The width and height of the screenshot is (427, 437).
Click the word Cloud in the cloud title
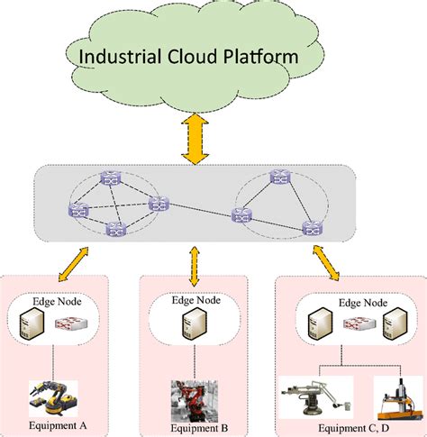pyautogui.click(x=192, y=56)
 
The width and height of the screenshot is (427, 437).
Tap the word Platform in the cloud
pyautogui.click(x=261, y=56)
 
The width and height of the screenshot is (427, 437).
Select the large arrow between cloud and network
pyautogui.click(x=195, y=139)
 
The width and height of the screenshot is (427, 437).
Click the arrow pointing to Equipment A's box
pyautogui.click(x=73, y=264)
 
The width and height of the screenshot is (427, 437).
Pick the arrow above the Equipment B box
pyautogui.click(x=195, y=266)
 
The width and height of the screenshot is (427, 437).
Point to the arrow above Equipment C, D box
pyautogui.click(x=326, y=262)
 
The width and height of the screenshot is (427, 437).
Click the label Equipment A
pyautogui.click(x=58, y=425)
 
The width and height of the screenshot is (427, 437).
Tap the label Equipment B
pyautogui.click(x=199, y=428)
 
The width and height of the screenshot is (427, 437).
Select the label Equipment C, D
pyautogui.click(x=353, y=428)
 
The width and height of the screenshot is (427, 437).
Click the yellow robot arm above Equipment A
pyautogui.click(x=53, y=397)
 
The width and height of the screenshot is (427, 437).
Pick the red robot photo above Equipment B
pyautogui.click(x=195, y=401)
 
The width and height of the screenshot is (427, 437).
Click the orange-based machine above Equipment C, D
pyautogui.click(x=398, y=398)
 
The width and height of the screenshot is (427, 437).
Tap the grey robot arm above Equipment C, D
pyautogui.click(x=316, y=397)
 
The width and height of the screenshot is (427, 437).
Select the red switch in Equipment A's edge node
pyautogui.click(x=71, y=323)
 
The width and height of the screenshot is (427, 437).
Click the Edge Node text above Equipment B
pyautogui.click(x=196, y=300)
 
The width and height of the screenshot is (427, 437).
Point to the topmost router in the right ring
pyautogui.click(x=280, y=177)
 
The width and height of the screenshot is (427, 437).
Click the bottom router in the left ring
pyautogui.click(x=116, y=229)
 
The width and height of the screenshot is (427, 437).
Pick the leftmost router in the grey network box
pyautogui.click(x=78, y=210)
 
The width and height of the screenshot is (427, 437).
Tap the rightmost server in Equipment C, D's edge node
pyautogui.click(x=395, y=323)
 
